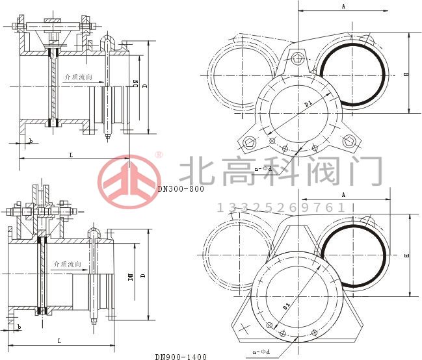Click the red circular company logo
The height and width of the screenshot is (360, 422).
tap(129, 179)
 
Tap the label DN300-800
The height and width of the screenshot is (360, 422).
tap(181, 190)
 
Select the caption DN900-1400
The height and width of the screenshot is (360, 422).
tap(181, 357)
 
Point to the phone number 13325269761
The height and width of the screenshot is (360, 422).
tap(280, 207)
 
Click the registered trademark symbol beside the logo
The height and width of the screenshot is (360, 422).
tap(158, 155)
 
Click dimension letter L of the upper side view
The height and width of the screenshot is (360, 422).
tap(70, 154)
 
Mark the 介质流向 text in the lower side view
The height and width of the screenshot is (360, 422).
tap(68, 264)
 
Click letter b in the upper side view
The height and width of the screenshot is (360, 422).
tap(30, 140)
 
